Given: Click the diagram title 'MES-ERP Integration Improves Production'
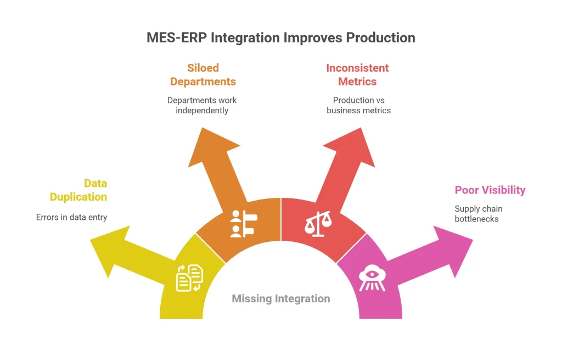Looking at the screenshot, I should pos(280,37).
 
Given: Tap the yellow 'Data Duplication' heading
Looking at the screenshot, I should pos(78,190).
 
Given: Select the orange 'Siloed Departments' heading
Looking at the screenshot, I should pos(203,75).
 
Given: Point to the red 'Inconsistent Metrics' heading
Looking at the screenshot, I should pos(357,75).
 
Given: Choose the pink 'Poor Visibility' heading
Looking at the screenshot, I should pos(490,190).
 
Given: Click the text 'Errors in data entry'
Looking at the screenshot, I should pos(71,217).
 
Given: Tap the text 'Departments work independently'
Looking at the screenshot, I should pos(202,105).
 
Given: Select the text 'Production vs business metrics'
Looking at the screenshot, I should pos(358,105).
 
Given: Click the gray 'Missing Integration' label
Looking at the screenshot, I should pos(280,298).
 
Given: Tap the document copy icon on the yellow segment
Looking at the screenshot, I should pos(189,278).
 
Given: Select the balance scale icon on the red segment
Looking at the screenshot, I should pos(318,224).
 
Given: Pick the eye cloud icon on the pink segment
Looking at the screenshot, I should pos(372,278).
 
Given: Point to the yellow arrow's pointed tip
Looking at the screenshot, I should pos(91,237).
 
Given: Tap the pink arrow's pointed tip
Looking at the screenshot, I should pos(472,239).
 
